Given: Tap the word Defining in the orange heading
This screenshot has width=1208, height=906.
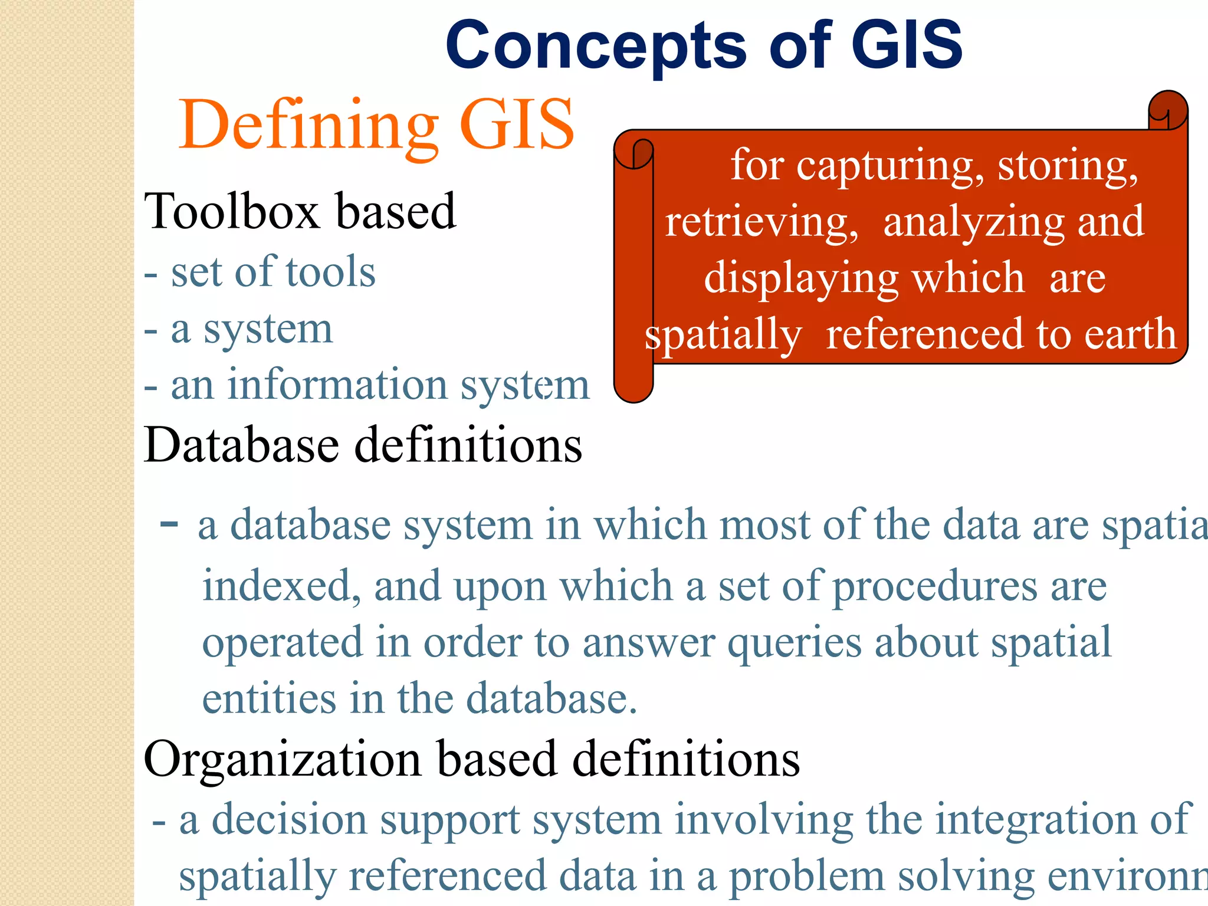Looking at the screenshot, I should tap(308, 126).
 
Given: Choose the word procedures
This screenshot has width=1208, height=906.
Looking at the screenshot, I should tap(934, 587).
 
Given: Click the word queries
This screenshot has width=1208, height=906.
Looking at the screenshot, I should tap(794, 643).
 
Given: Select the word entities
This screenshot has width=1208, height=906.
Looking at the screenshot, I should tap(269, 698).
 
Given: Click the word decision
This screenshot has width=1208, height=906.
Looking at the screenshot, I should tap(289, 820).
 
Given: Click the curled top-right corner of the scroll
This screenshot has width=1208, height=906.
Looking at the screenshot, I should tap(1168, 110).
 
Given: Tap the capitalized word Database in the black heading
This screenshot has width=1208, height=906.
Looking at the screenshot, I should tap(241, 445).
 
